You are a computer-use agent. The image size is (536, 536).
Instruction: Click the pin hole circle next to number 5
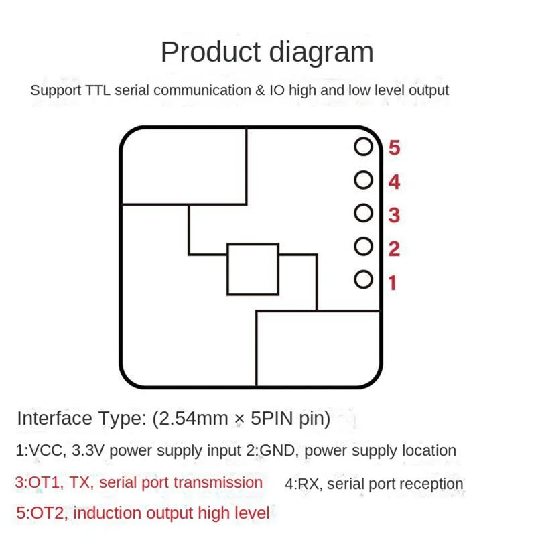tap(363, 147)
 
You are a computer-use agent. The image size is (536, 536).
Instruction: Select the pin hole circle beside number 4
tap(363, 180)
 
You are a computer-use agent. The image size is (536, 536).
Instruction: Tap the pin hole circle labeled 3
tap(363, 213)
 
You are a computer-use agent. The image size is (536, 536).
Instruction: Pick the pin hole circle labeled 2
tap(363, 246)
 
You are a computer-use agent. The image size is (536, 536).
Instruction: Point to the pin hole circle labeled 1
tap(363, 279)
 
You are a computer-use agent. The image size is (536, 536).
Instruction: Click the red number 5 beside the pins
tap(394, 148)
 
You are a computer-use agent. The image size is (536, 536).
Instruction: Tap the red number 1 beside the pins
tap(393, 283)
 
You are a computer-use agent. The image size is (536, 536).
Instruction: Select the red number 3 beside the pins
tap(394, 216)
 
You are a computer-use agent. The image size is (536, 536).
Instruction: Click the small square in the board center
tap(253, 269)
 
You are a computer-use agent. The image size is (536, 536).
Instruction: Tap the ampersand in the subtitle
tap(258, 90)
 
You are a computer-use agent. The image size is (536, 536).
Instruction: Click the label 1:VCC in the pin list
tap(41, 450)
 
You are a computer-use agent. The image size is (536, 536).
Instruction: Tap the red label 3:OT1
tap(40, 482)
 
